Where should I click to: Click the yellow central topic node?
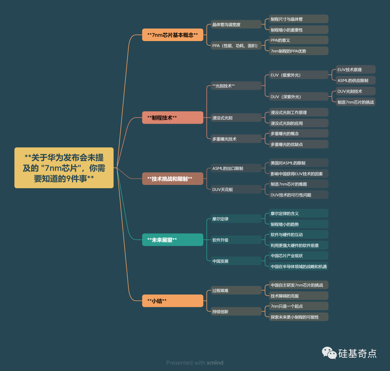coord(64,168)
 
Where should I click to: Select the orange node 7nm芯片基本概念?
coord(173,35)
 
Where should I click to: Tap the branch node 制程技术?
coord(173,118)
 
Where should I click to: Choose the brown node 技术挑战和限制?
coord(173,178)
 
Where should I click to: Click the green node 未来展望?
coord(173,240)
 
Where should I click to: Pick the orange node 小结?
coord(173,301)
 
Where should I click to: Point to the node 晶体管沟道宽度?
coord(236,25)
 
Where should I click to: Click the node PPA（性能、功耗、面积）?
coord(236,45)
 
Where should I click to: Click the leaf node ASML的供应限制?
coord(355,80)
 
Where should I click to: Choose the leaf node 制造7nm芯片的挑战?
coord(355,102)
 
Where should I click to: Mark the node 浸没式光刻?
coord(236,118)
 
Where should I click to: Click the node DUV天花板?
coord(236,189)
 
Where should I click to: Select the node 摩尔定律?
coord(236,219)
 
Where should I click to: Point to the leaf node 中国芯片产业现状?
coord(299,256)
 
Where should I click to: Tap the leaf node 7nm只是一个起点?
coord(299,306)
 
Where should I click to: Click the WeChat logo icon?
coord(329,353)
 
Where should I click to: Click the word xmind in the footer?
coord(215,363)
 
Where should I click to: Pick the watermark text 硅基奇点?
coord(357,353)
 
